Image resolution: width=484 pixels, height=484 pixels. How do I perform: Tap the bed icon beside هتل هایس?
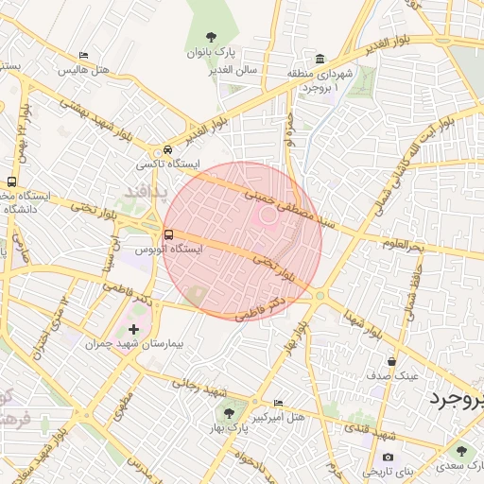pos(84,56)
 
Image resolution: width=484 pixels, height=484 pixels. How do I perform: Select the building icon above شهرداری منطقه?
pos(320,58)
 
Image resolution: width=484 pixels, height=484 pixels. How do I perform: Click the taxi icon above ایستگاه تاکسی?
pos(167,149)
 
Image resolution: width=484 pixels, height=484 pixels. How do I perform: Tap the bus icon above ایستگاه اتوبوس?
pos(168,234)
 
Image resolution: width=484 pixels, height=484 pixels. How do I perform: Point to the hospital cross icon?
pos(133,330)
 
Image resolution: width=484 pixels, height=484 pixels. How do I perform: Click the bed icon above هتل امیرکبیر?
pos(277,404)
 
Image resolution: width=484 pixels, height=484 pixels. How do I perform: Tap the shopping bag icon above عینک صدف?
pos(391,361)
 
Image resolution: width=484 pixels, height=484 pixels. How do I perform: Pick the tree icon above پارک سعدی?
pos(461,452)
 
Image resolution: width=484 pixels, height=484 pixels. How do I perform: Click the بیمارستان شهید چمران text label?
pos(133,345)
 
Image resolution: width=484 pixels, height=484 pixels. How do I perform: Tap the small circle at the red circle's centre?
pos(268,216)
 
